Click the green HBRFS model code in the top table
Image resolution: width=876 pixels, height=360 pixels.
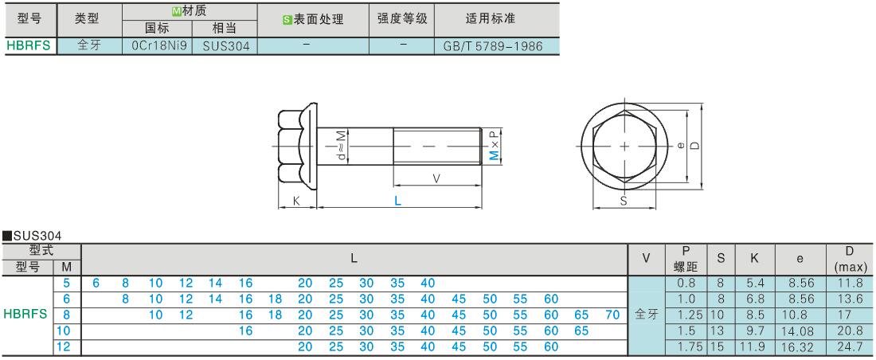coord(29,46)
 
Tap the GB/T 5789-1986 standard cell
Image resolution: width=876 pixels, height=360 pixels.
coord(493,46)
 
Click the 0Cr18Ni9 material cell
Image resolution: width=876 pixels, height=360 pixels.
coord(156,46)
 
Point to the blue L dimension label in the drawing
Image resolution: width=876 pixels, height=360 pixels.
coord(397,201)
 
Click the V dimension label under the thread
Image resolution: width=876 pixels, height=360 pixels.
coord(437,178)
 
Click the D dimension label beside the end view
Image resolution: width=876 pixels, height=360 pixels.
coord(694,145)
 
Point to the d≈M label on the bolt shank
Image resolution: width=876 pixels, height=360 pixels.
coord(341,147)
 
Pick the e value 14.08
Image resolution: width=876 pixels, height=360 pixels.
coord(800,331)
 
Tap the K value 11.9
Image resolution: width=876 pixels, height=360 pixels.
coord(754,346)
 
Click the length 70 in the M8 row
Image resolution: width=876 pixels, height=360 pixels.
coord(612,315)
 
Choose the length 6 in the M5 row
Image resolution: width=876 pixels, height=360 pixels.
coord(96,283)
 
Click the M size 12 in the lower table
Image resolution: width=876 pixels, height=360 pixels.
coord(64,346)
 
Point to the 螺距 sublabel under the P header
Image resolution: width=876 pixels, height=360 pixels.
coord(686,267)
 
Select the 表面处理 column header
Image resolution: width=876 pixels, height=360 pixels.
coord(313,19)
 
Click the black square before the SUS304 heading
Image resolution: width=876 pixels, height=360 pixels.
coord(7,236)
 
